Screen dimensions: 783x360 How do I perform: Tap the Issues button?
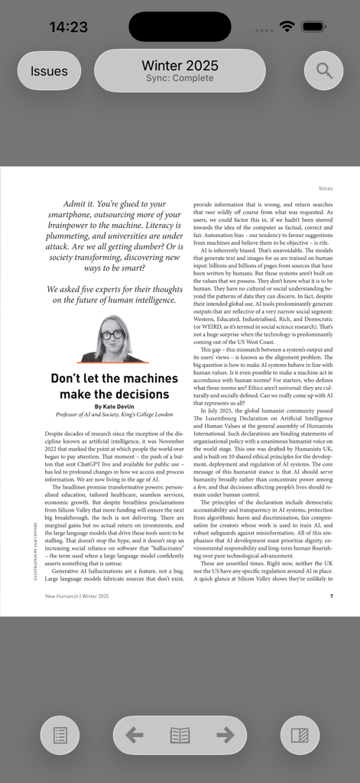point(49,71)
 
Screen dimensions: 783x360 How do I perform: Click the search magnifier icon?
point(324,71)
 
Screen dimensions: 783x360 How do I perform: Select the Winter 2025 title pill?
point(180,66)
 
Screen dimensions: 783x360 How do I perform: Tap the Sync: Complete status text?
point(180,79)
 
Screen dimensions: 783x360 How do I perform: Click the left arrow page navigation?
point(135,735)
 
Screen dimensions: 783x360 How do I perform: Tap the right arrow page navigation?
point(225,735)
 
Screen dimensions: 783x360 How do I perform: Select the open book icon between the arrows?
point(180,735)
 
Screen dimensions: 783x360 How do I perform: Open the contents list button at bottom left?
point(60,736)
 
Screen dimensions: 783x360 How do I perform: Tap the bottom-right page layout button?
point(300,736)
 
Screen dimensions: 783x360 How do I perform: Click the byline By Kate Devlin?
point(112,406)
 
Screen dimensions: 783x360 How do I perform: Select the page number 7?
point(331,596)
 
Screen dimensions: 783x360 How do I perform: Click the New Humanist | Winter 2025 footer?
point(76,596)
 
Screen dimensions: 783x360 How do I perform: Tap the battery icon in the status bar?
point(314,27)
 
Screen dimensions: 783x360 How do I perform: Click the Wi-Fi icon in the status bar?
point(287,27)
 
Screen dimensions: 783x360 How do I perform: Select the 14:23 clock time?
point(69,27)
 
